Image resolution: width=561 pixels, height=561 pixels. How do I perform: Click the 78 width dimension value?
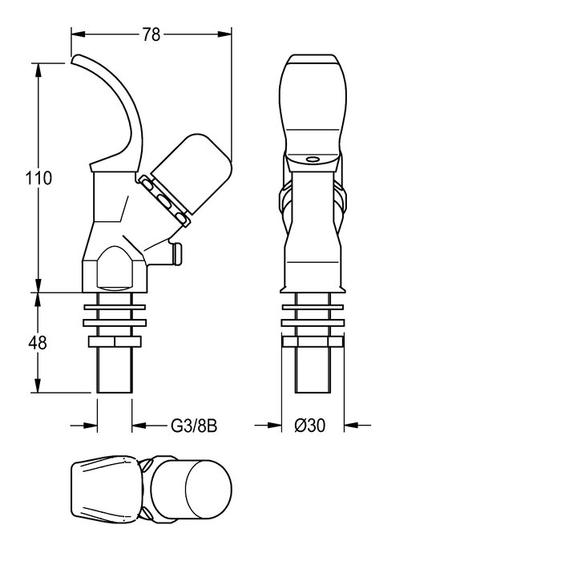pyautogui.click(x=151, y=34)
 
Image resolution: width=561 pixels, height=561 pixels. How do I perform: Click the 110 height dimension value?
pyautogui.click(x=38, y=178)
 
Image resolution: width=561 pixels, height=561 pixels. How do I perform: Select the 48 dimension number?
pyautogui.click(x=38, y=343)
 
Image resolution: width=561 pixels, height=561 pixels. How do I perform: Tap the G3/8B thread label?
pyautogui.click(x=194, y=426)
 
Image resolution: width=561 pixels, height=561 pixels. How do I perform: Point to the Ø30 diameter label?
pyautogui.click(x=310, y=426)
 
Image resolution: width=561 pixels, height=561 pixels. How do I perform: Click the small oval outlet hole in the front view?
pyautogui.click(x=313, y=159)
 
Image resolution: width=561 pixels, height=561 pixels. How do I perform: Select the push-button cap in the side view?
pyautogui.click(x=191, y=174)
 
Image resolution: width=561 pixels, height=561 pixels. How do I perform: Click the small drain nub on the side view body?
pyautogui.click(x=177, y=253)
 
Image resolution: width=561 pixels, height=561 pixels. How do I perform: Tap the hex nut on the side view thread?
pyautogui.click(x=115, y=341)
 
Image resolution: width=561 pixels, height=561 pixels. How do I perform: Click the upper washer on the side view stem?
pyautogui.click(x=115, y=307)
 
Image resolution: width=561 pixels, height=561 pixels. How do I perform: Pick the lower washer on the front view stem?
pyautogui.click(x=313, y=323)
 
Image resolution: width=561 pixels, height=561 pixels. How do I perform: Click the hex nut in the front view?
pyautogui.click(x=313, y=341)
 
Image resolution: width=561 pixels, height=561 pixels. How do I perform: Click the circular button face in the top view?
pyautogui.click(x=208, y=489)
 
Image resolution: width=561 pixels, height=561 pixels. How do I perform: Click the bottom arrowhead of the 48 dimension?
pyautogui.click(x=38, y=385)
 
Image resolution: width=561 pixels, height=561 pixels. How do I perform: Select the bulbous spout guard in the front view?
pyautogui.click(x=313, y=107)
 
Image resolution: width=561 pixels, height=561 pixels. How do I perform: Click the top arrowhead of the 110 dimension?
pyautogui.click(x=38, y=71)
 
